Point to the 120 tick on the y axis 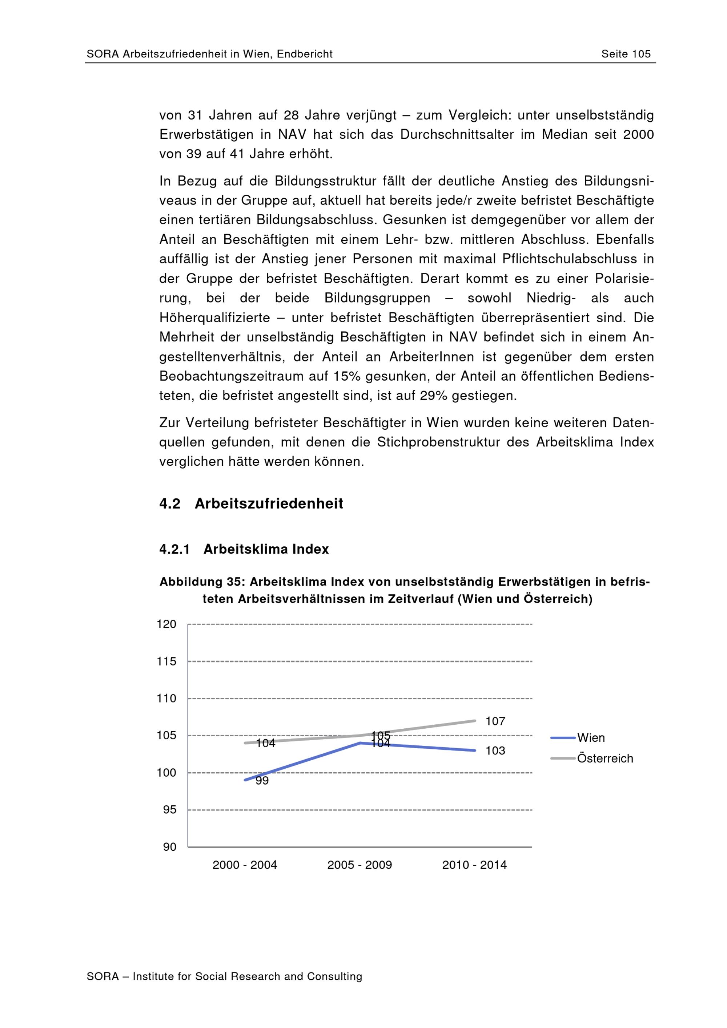(166, 624)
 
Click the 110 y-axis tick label (166, 698)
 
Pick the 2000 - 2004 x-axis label (245, 865)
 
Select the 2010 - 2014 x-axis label (474, 865)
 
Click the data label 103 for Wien (495, 750)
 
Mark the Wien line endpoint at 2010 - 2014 (474, 750)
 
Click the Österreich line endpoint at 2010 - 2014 (474, 720)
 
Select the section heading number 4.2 (170, 504)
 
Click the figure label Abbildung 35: (202, 582)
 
